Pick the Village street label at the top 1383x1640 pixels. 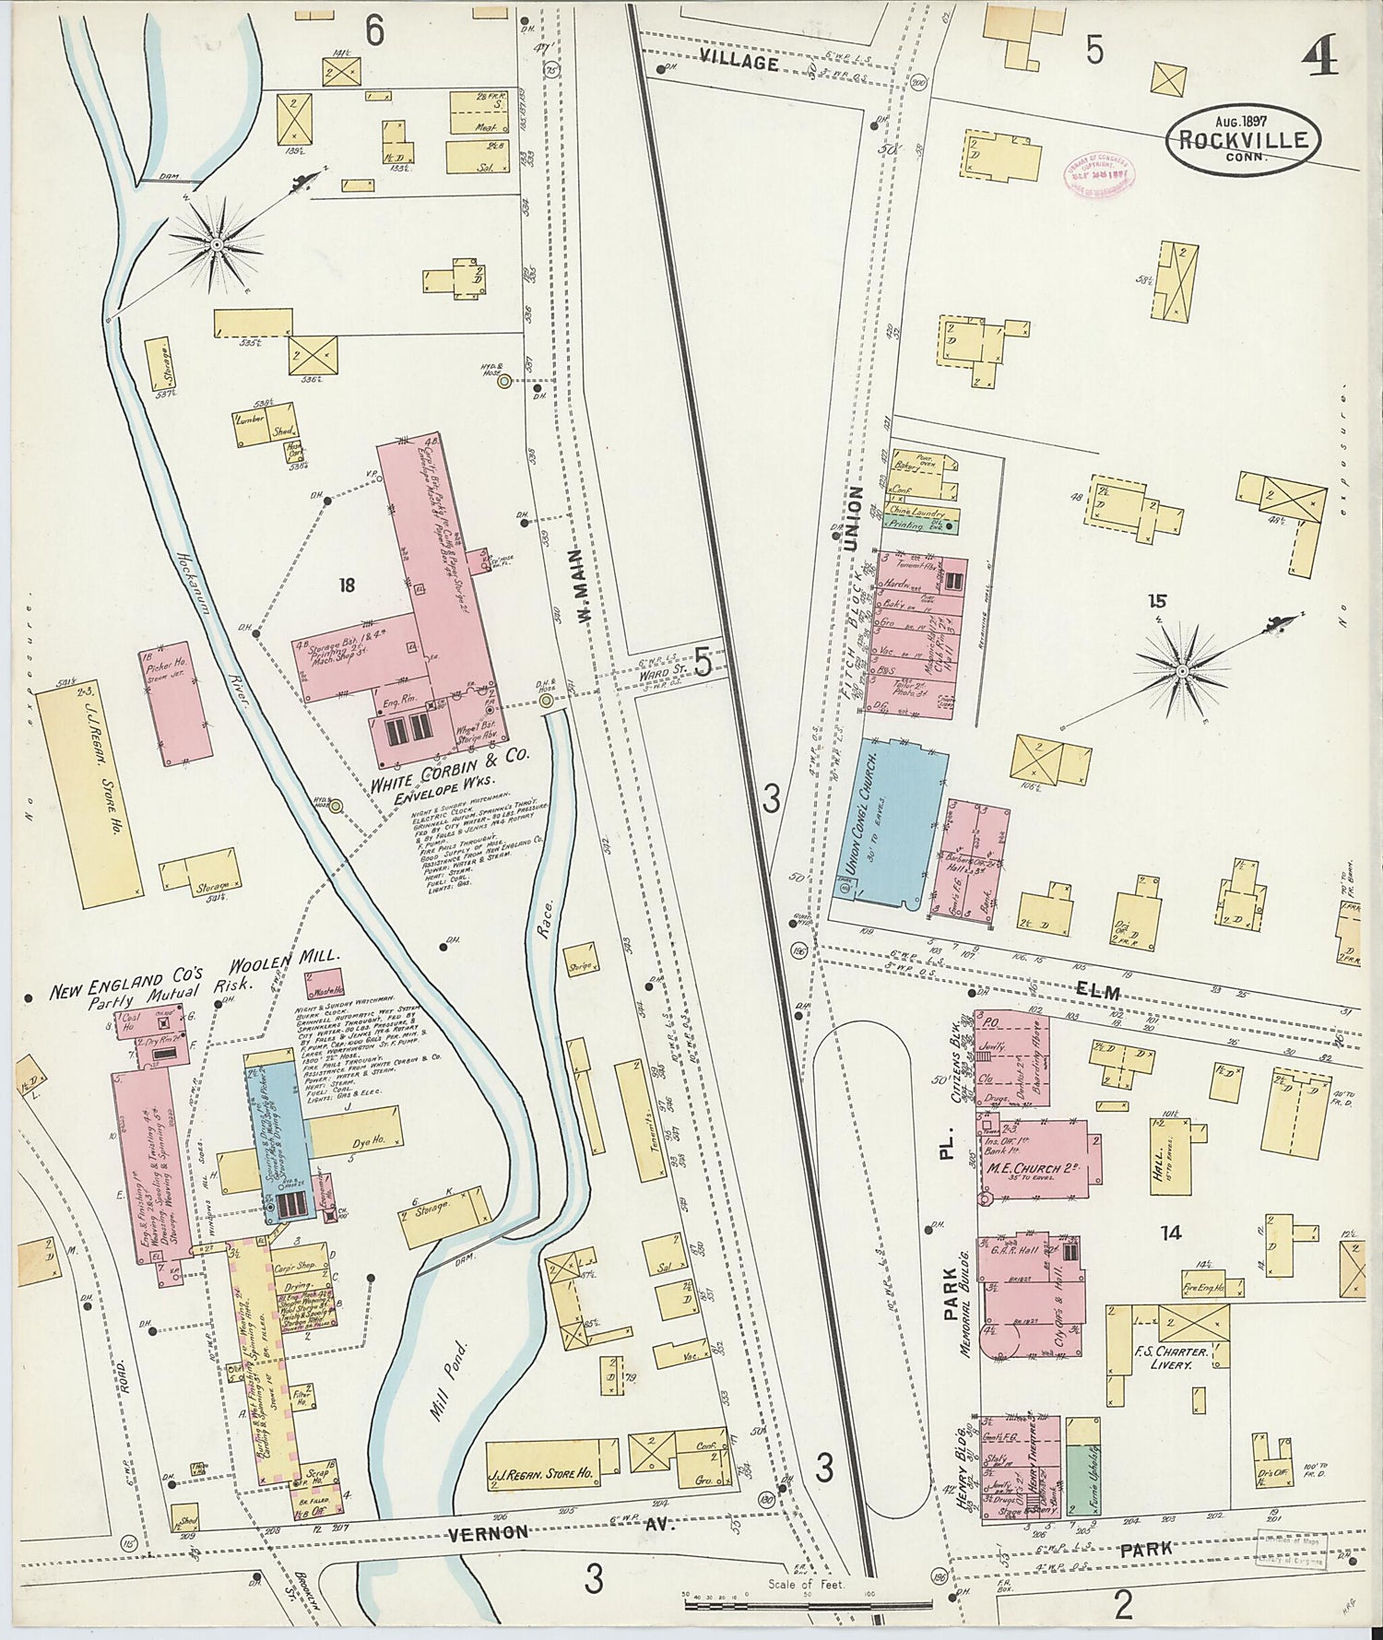(739, 62)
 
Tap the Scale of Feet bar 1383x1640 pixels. (780, 1605)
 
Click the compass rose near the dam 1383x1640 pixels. (217, 244)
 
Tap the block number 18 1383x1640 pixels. (347, 584)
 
